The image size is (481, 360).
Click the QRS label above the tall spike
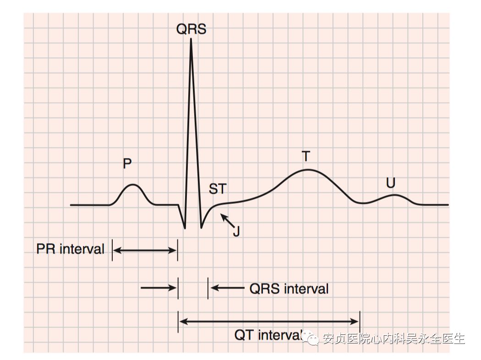click(191, 29)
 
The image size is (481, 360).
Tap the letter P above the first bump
click(127, 164)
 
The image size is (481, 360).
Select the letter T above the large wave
click(306, 157)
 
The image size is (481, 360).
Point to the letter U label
click(390, 184)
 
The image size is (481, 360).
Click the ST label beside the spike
click(218, 189)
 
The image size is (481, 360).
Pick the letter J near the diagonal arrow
click(236, 231)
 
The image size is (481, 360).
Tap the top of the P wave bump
click(133, 185)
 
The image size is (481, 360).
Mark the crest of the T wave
click(307, 170)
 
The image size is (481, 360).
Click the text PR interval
click(71, 249)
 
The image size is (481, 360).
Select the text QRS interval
click(289, 289)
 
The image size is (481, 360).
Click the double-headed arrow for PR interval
click(145, 250)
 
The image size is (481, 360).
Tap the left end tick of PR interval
click(112, 250)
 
